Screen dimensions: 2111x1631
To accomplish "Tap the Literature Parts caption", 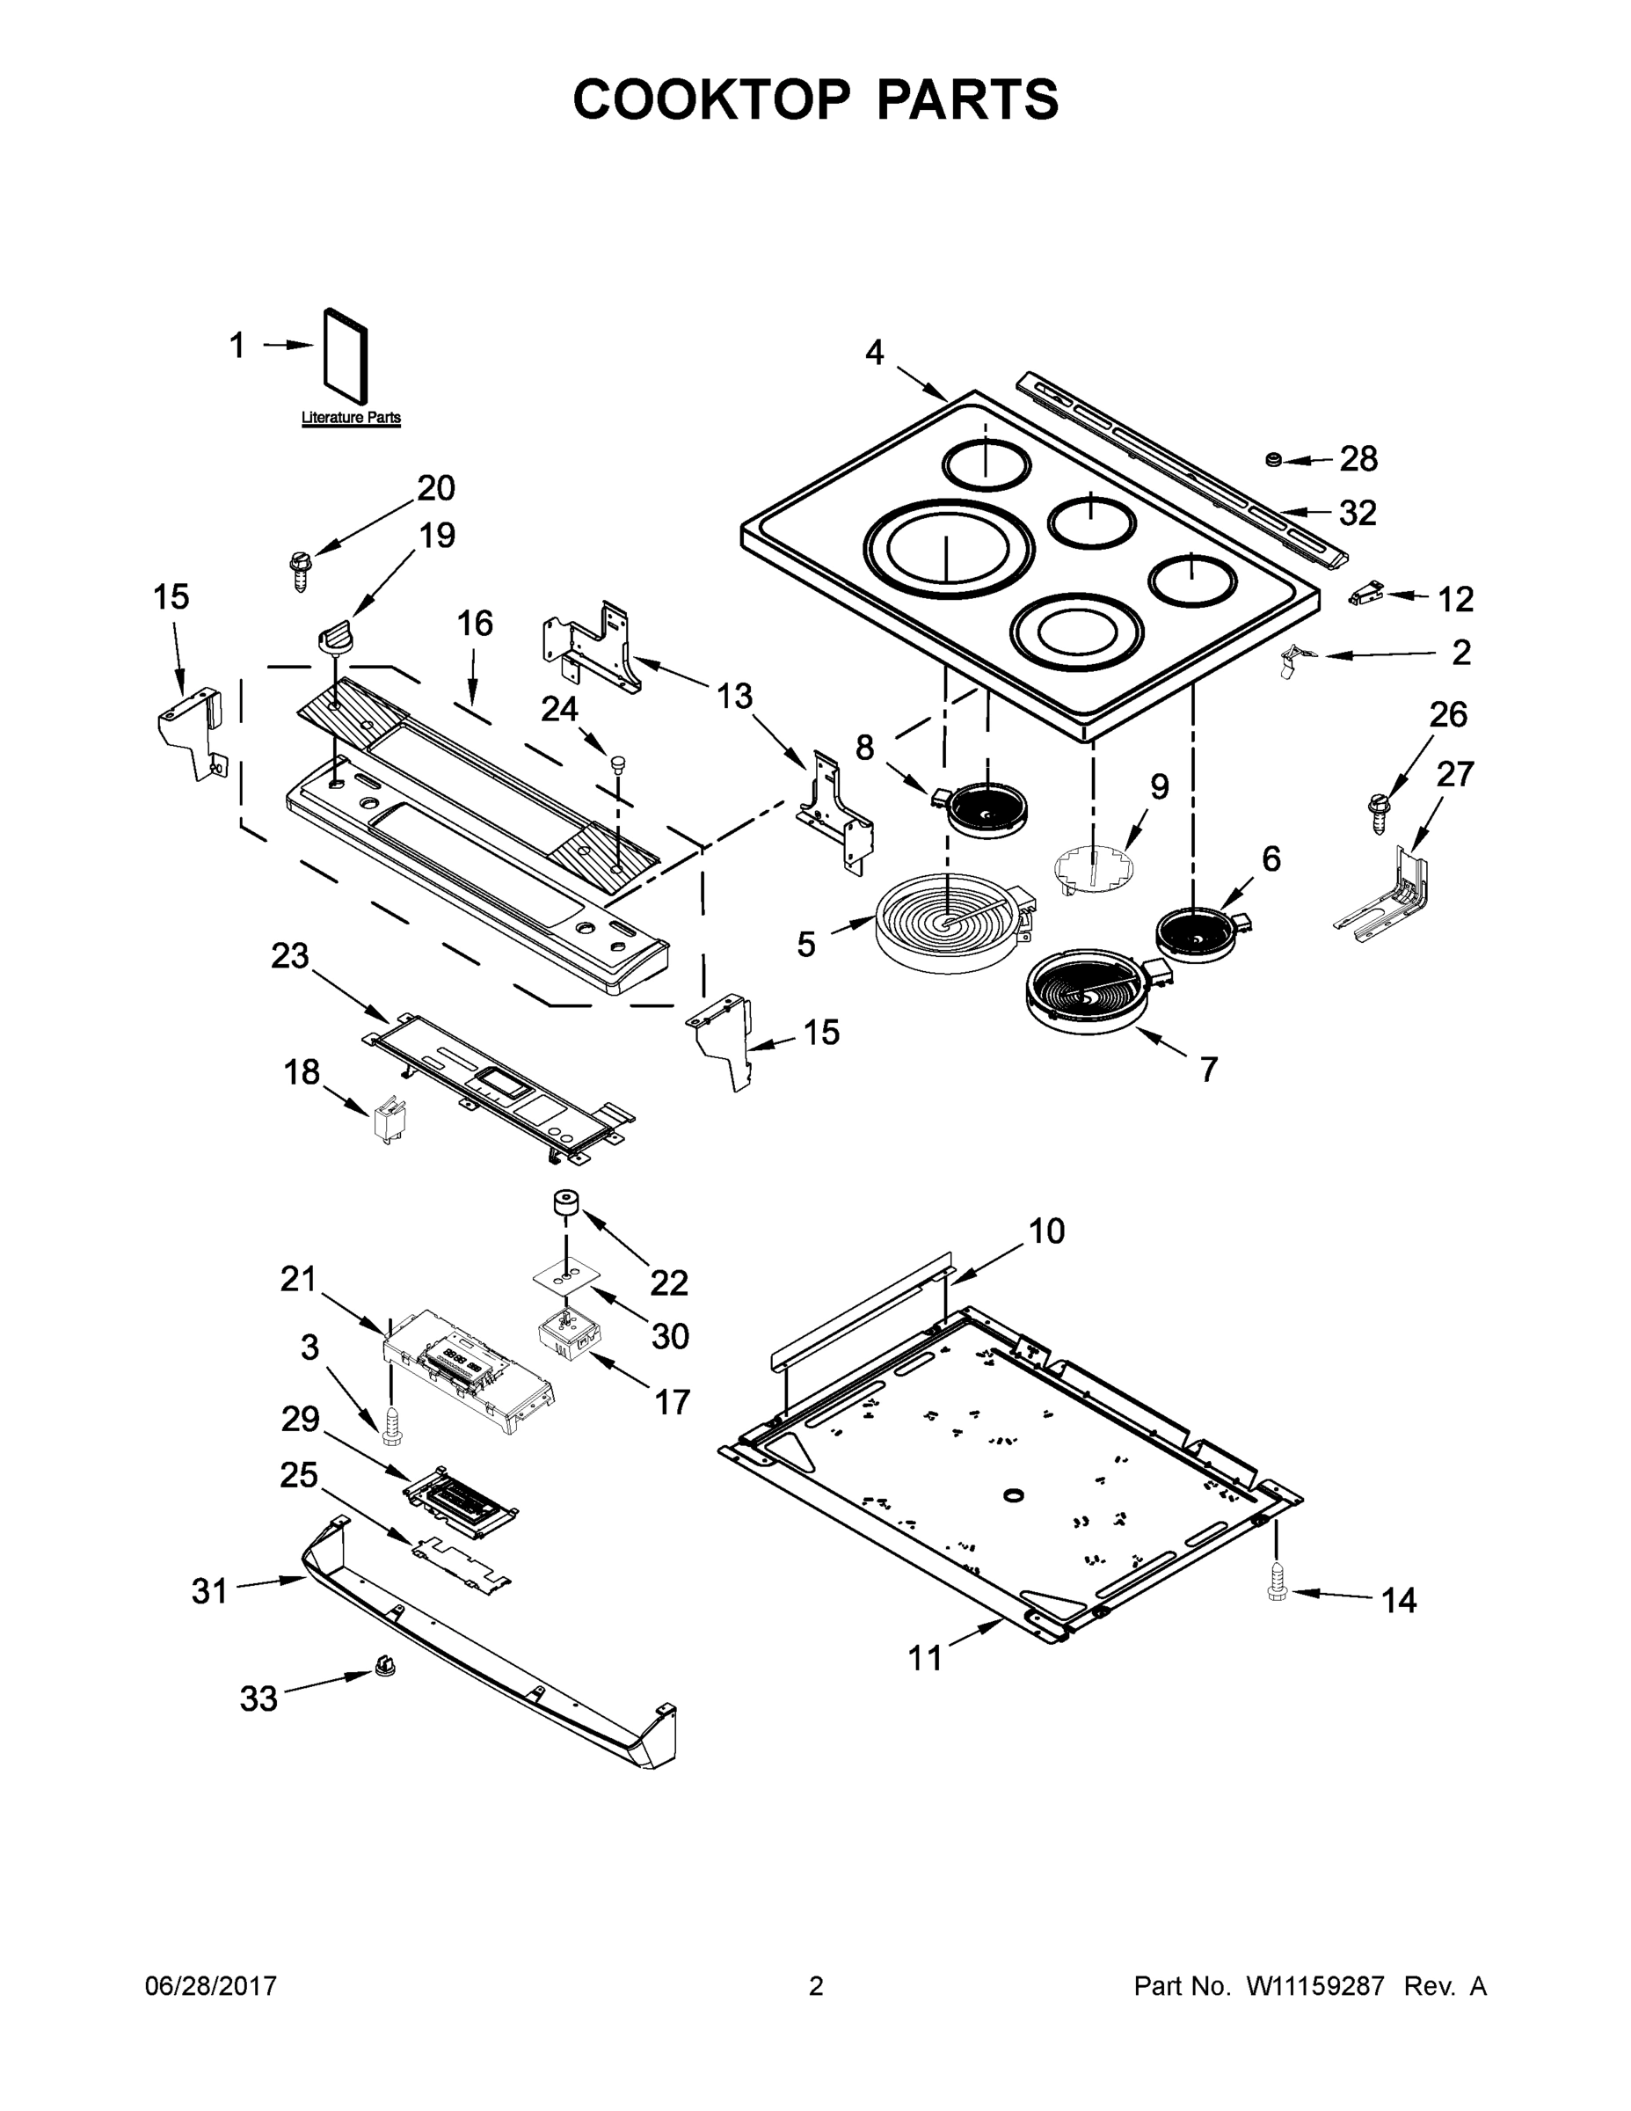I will pyautogui.click(x=351, y=418).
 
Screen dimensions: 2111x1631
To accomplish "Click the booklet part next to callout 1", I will pyautogui.click(x=345, y=354).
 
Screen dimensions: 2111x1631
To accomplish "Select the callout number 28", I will pyautogui.click(x=1358, y=459).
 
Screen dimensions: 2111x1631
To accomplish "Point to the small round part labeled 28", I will pyautogui.click(x=1274, y=458).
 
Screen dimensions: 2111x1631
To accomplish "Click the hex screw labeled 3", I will pyautogui.click(x=391, y=1427).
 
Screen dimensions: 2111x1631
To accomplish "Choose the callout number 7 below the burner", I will pyautogui.click(x=1209, y=1069).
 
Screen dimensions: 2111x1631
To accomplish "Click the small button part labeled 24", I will pyautogui.click(x=615, y=764).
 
